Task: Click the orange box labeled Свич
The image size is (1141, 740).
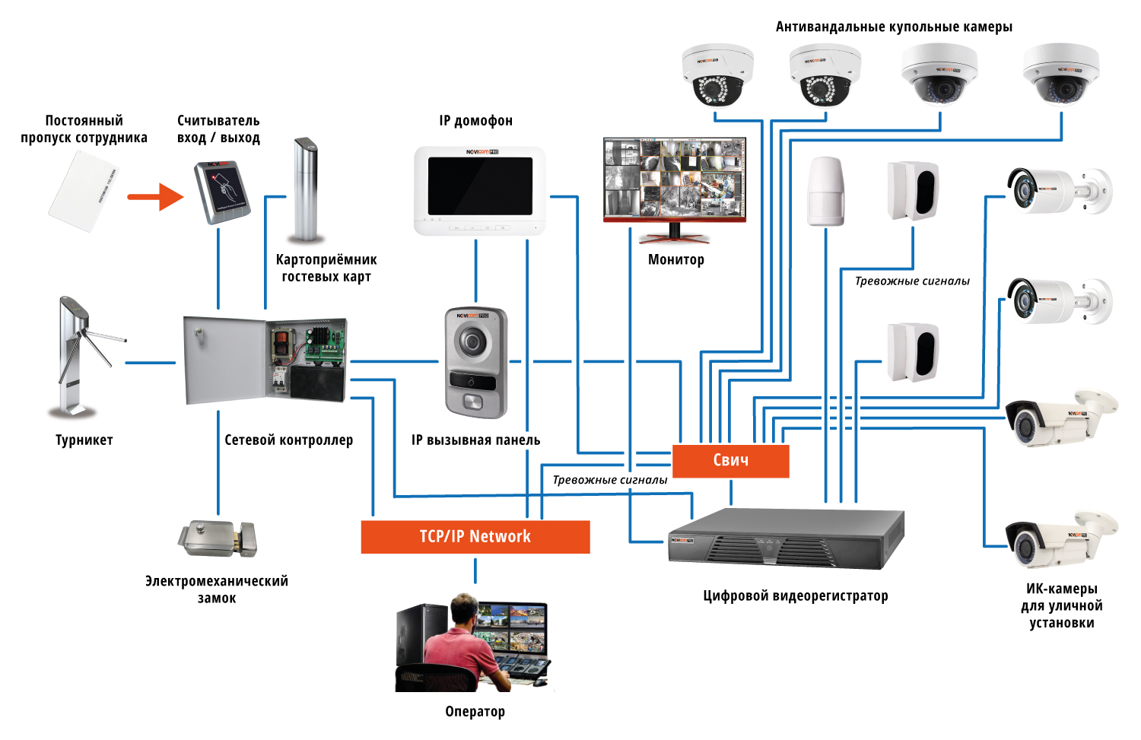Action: click(x=730, y=461)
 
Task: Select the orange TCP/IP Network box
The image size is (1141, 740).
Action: click(x=475, y=537)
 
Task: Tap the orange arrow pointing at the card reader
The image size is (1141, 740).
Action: click(x=155, y=197)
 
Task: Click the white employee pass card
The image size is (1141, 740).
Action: click(x=84, y=190)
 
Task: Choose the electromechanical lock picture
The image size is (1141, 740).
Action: click(x=218, y=538)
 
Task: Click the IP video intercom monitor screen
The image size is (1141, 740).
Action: click(x=480, y=186)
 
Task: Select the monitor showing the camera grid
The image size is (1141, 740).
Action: click(x=674, y=180)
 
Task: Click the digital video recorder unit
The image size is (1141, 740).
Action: click(x=786, y=538)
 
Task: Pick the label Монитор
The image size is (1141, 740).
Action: click(x=675, y=260)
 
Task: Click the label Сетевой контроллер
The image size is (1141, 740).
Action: click(x=288, y=440)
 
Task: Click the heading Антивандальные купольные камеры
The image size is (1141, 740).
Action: click(x=894, y=27)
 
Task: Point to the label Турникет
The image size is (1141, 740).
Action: click(x=84, y=440)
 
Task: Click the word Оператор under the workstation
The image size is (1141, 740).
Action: click(x=475, y=712)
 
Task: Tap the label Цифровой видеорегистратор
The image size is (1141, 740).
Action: click(x=795, y=596)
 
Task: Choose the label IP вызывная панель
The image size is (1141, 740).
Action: click(x=475, y=440)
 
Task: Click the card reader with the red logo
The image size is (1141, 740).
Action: click(x=221, y=192)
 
